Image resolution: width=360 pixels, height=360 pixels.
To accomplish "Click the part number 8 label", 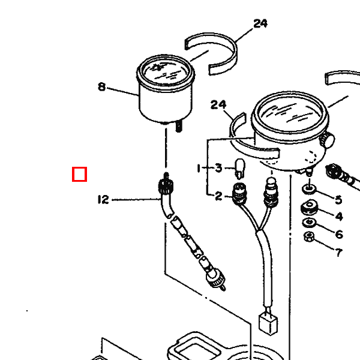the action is pyautogui.click(x=102, y=87).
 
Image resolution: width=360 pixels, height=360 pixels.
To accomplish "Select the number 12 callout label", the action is pyautogui.click(x=103, y=200).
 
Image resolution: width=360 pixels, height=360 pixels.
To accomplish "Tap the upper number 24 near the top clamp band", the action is pyautogui.click(x=260, y=23).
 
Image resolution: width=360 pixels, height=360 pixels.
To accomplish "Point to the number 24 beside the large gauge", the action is pyautogui.click(x=218, y=104).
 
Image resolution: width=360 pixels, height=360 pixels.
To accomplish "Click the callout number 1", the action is pyautogui.click(x=199, y=168).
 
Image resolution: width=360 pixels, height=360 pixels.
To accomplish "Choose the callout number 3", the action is pyautogui.click(x=218, y=168).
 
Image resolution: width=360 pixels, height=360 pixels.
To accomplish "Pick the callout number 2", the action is pyautogui.click(x=218, y=196).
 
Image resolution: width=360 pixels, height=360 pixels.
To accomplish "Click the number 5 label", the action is pyautogui.click(x=338, y=200).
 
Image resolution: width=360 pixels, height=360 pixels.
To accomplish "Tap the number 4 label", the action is pyautogui.click(x=339, y=217).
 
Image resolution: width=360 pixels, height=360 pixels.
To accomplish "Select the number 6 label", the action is pyautogui.click(x=339, y=235).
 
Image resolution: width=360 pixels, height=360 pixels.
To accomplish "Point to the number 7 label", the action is pyautogui.click(x=339, y=253).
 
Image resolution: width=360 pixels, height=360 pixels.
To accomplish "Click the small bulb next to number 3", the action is pyautogui.click(x=239, y=169).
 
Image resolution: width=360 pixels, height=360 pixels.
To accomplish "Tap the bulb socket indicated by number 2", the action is pyautogui.click(x=239, y=194).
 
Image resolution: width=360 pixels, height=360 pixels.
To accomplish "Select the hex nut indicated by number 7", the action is pyautogui.click(x=309, y=237).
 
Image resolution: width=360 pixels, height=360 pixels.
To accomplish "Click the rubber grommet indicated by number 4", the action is pyautogui.click(x=309, y=207).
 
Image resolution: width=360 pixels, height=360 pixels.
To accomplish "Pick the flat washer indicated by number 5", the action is pyautogui.click(x=309, y=189).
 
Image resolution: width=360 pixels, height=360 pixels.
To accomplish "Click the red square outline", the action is pyautogui.click(x=79, y=174).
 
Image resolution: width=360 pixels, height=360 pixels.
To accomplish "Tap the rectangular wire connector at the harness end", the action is pyautogui.click(x=268, y=325).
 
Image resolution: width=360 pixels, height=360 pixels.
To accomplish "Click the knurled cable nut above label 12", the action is pyautogui.click(x=166, y=186).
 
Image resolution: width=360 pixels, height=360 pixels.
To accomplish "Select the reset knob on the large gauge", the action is pyautogui.click(x=327, y=140).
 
